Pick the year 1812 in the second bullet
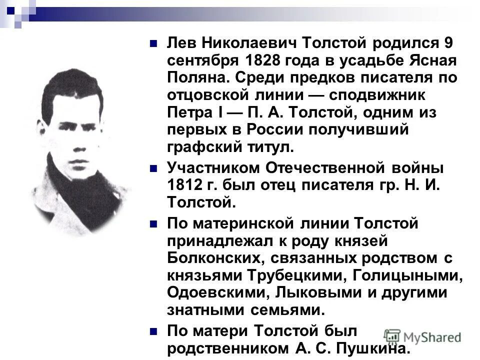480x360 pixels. tap(184, 185)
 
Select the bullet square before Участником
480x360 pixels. tap(154, 168)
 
